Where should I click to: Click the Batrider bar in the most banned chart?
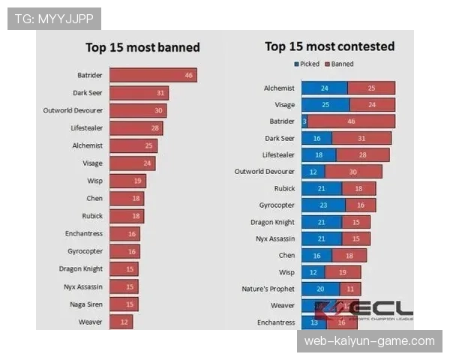[x=153, y=75]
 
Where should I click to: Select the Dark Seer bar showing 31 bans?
[x=139, y=93]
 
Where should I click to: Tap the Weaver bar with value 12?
[x=121, y=322]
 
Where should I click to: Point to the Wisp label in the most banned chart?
[x=94, y=181]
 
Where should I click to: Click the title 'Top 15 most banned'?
[x=142, y=47]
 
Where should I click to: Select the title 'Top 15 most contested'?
[x=329, y=46]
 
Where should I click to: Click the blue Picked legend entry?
[x=309, y=64]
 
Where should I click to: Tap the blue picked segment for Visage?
[x=325, y=105]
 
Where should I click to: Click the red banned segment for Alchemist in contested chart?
[x=370, y=88]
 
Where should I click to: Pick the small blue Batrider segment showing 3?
[x=304, y=121]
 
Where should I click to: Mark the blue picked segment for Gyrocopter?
[x=323, y=205]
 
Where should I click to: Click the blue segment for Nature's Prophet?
[x=320, y=289]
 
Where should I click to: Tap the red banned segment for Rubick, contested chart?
[x=359, y=188]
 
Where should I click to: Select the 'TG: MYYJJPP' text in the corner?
[x=53, y=18]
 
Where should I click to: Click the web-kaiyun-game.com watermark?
[x=369, y=341]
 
